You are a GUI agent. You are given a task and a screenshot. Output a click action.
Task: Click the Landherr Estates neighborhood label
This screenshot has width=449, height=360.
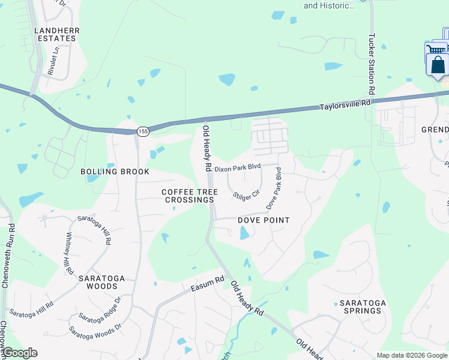pos(55,34)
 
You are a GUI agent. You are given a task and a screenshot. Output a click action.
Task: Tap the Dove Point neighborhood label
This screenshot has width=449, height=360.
pos(264,220)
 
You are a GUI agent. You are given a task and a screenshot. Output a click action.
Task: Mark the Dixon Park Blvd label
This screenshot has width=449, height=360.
pos(238,169)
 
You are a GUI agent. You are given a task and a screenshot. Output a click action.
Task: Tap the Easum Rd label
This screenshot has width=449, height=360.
pos(207,283)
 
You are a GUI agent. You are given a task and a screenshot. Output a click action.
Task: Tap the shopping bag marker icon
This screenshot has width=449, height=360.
pos(438,64)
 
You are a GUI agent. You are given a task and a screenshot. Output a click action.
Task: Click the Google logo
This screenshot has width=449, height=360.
pos(19,353)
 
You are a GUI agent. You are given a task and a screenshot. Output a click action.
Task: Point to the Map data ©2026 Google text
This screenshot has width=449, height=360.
pos(411,355)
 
